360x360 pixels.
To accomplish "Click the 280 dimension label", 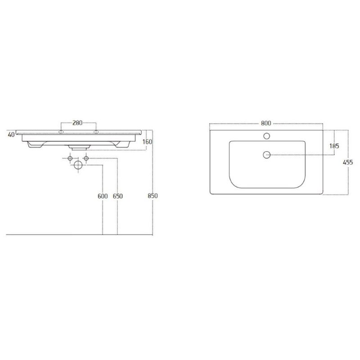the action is coord(77,123).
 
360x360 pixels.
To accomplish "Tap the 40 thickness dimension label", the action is coord(11,135).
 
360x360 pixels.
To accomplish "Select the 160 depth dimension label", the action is coord(147,142).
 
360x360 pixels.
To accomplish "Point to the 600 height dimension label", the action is coord(103,196).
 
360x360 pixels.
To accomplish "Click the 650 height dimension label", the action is coord(118,196).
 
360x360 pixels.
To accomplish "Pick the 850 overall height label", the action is coord(153,196).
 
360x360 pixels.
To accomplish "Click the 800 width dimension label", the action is coord(266,123).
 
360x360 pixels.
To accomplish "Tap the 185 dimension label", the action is coord(334,146).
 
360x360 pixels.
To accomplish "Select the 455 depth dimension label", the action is coord(348,162).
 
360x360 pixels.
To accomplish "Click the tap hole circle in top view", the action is coord(266,136).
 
